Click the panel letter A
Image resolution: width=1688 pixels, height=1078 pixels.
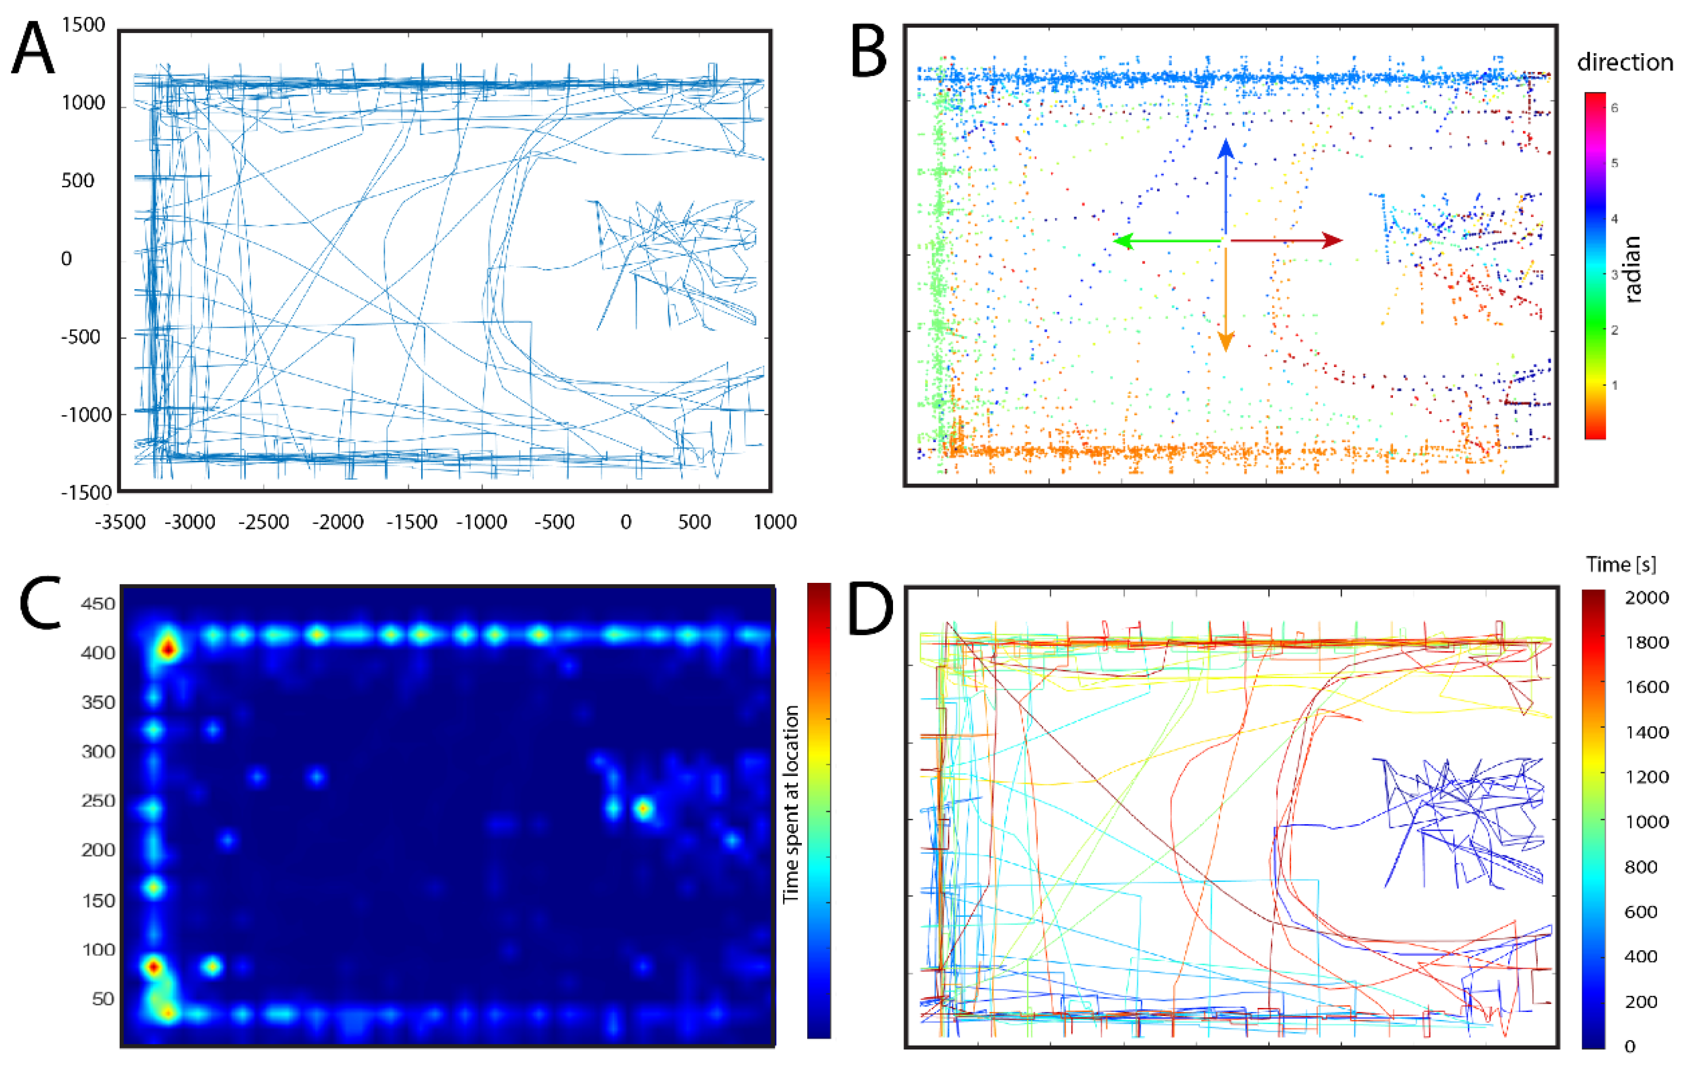coord(33,49)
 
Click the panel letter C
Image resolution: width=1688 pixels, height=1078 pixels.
coord(41,603)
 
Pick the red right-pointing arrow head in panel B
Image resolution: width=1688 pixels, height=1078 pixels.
coord(1331,240)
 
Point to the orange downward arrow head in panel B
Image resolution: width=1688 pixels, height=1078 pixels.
coord(1225,341)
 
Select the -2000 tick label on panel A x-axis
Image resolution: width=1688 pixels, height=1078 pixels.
coord(338,522)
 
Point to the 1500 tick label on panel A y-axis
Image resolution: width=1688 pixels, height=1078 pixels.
coord(83,25)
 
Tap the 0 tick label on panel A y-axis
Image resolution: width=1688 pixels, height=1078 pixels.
coord(66,259)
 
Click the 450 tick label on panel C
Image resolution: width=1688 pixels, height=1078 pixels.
coord(98,604)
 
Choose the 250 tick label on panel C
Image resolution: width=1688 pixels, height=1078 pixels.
coord(98,801)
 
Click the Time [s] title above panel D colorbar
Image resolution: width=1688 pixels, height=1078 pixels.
coord(1621,565)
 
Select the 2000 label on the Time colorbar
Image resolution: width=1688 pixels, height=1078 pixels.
coord(1647,598)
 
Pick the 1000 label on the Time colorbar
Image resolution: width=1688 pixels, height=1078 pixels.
coord(1647,821)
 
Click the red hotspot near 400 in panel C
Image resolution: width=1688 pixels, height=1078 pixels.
coord(167,649)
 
